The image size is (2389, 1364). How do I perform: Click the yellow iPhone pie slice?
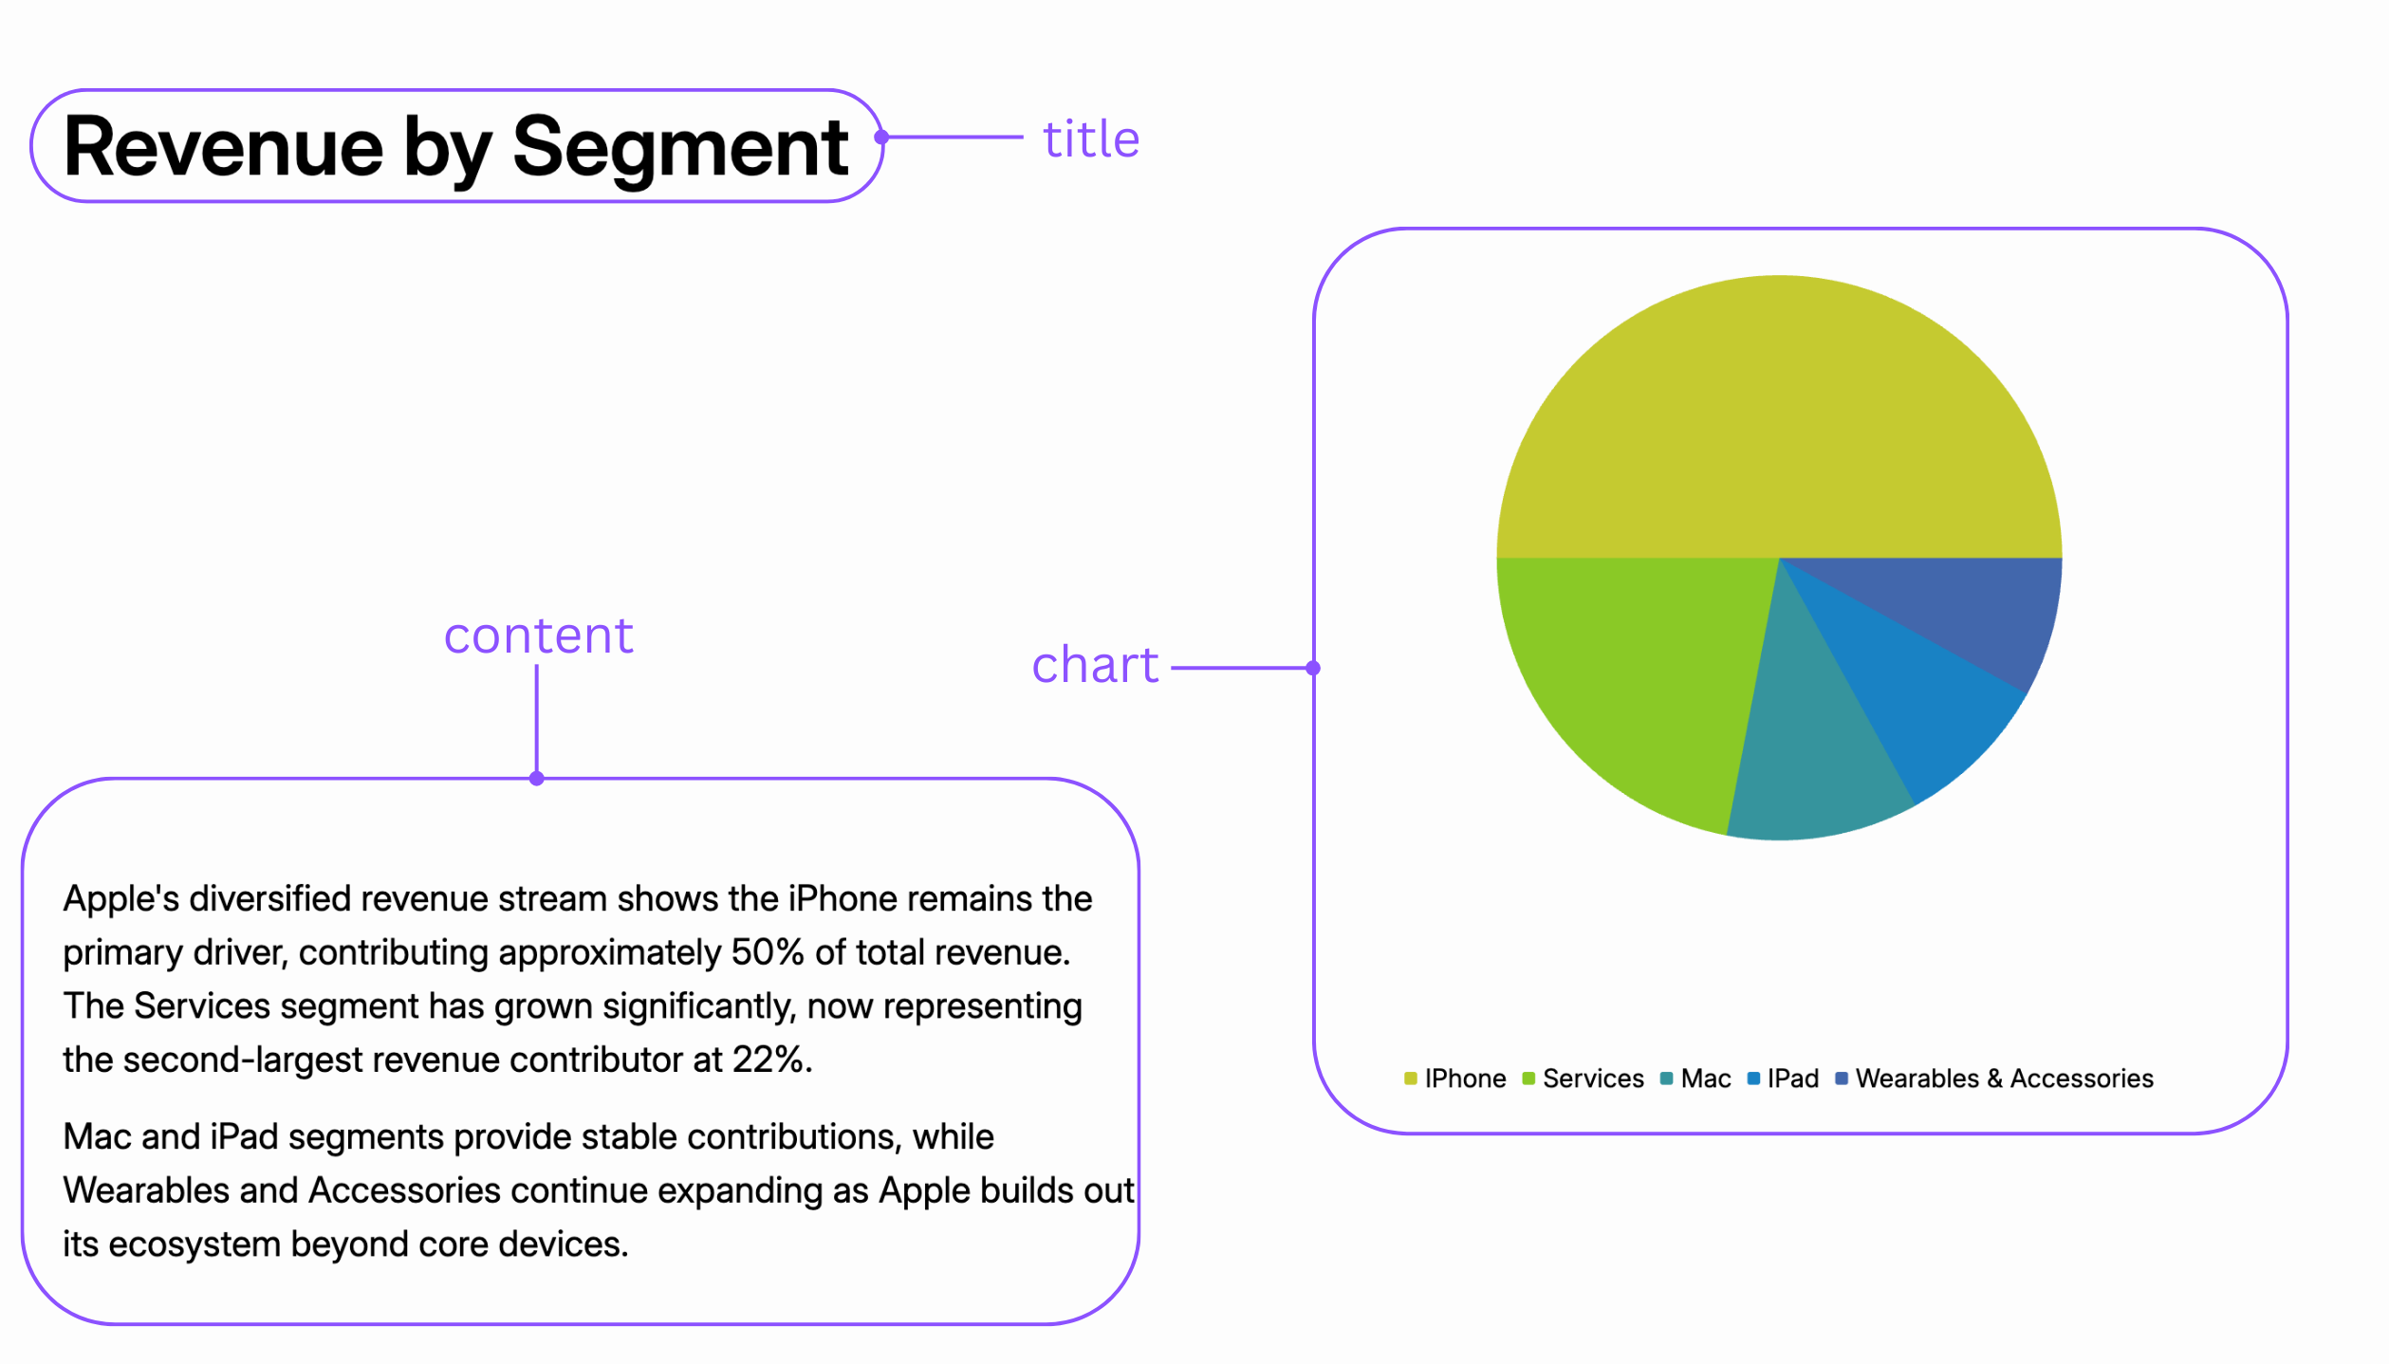point(1779,417)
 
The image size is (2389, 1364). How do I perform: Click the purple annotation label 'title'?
point(1091,139)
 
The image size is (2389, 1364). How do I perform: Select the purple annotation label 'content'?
point(538,636)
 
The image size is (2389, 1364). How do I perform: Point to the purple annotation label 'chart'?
point(1095,665)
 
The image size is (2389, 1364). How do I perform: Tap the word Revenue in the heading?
point(223,147)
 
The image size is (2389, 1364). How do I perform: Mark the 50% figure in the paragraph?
point(768,952)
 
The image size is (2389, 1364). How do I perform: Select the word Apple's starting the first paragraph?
point(120,898)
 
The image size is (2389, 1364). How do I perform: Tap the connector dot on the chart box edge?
point(1313,668)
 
